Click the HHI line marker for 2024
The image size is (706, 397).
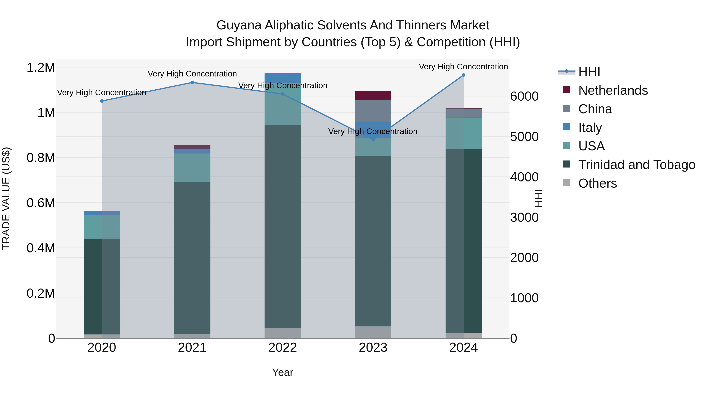click(x=463, y=75)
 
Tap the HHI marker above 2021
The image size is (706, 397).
click(x=192, y=83)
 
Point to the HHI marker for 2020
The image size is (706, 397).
click(x=102, y=101)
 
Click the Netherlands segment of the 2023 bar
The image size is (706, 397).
click(x=373, y=96)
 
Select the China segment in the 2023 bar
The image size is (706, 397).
click(x=373, y=111)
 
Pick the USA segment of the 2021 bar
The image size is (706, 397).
click(x=192, y=168)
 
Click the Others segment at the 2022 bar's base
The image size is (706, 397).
click(x=283, y=333)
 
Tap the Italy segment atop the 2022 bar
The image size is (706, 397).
click(x=283, y=78)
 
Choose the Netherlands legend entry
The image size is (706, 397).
click(x=613, y=90)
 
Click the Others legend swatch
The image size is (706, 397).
click(x=567, y=183)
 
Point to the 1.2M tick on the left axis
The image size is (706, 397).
click(x=41, y=67)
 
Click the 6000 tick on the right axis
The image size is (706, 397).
click(x=524, y=96)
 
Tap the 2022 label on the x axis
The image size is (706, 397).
click(x=283, y=348)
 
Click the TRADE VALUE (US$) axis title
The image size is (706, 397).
click(x=6, y=198)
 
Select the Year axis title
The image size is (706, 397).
click(x=283, y=372)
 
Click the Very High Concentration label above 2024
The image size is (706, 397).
click(x=463, y=67)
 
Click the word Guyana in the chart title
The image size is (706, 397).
click(x=239, y=25)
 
